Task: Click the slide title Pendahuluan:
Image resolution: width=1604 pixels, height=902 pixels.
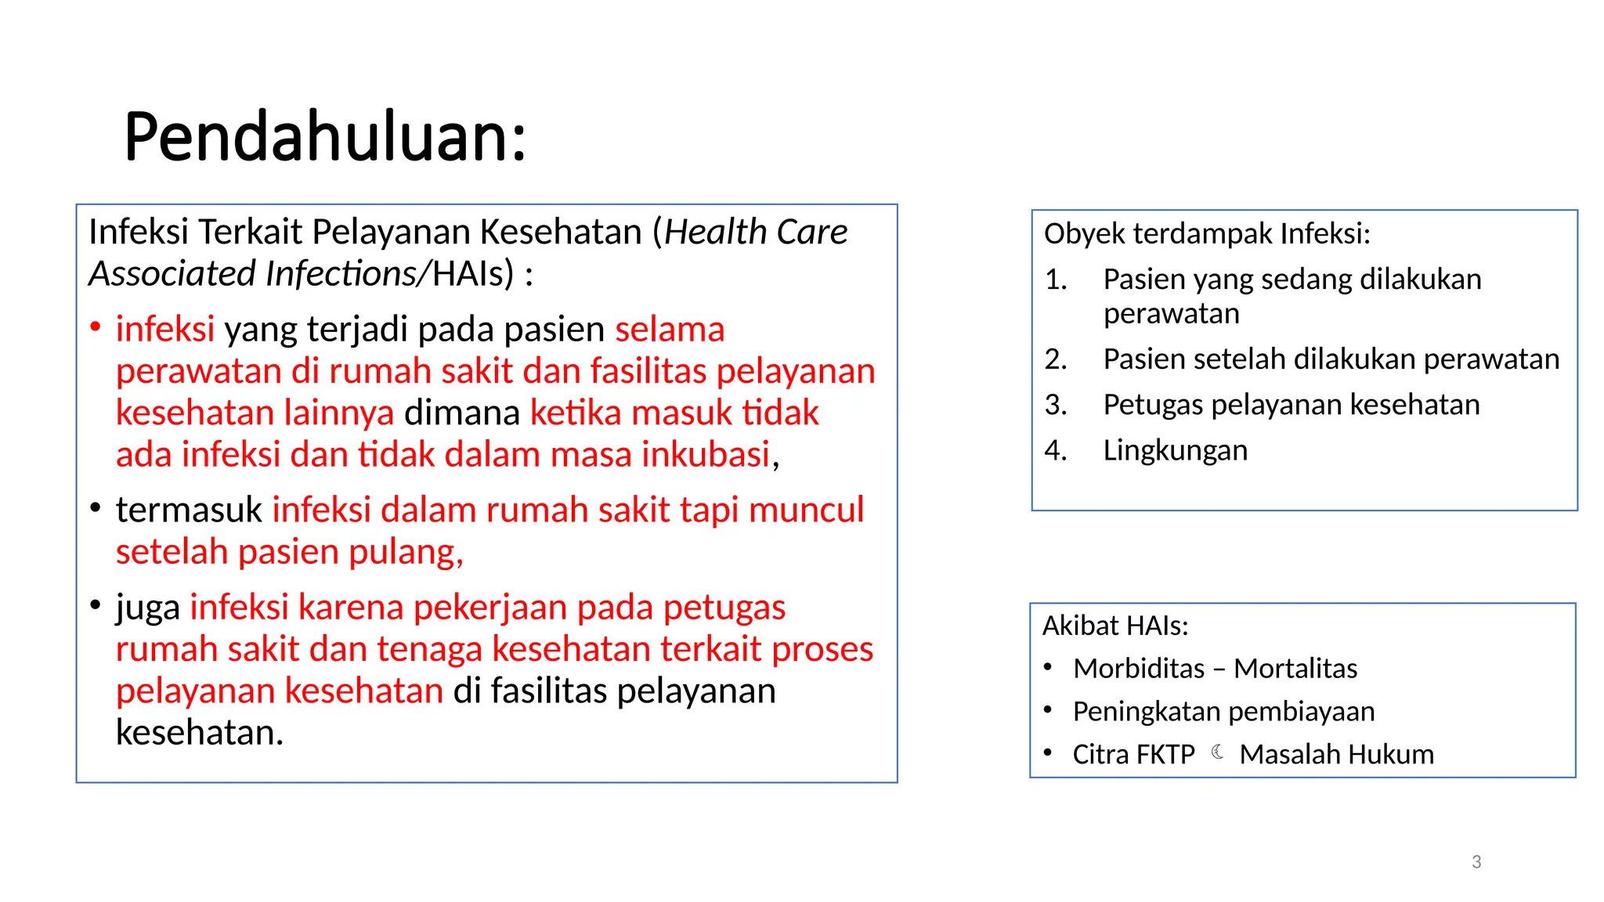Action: tap(325, 137)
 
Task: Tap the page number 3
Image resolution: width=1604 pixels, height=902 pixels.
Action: tap(1476, 862)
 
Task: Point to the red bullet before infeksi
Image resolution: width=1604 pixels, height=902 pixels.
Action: tap(96, 327)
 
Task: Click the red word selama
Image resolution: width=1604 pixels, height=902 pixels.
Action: tap(670, 330)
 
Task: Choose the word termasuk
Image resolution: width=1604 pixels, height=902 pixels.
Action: tap(189, 511)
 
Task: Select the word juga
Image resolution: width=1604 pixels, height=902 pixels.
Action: tap(148, 608)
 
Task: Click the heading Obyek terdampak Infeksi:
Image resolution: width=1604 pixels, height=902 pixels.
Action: tap(1207, 234)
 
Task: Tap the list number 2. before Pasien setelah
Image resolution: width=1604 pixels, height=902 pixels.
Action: tap(1056, 359)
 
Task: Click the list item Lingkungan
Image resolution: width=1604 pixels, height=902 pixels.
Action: tap(1175, 451)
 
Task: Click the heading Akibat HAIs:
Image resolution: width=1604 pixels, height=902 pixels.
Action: tap(1115, 626)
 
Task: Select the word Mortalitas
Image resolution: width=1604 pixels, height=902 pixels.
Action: tap(1295, 669)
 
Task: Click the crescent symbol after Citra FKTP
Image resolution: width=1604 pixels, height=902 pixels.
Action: tap(1218, 752)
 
